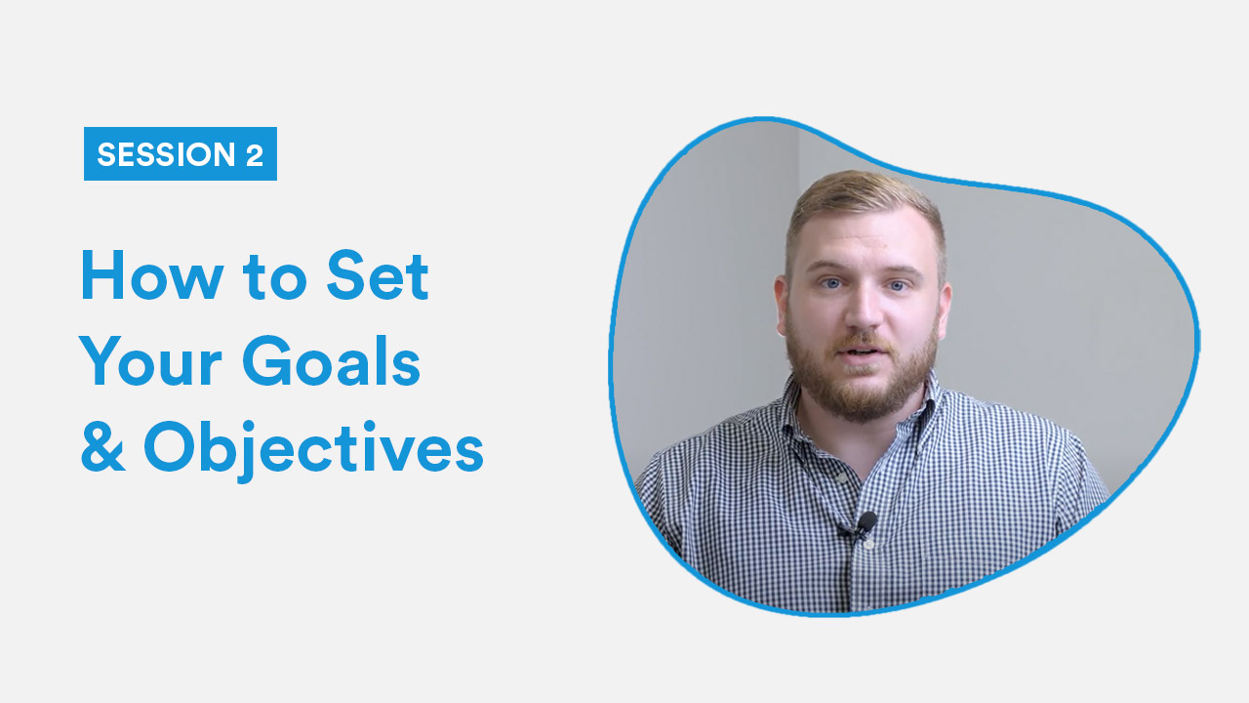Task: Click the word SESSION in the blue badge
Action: point(166,154)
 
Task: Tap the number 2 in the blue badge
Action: point(255,154)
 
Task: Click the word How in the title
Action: point(152,276)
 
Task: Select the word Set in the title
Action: point(378,275)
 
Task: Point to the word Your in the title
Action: point(150,361)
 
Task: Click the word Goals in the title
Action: point(331,361)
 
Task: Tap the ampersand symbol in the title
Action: point(102,446)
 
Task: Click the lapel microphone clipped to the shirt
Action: point(866,522)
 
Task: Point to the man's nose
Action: point(864,313)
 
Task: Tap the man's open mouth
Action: point(861,352)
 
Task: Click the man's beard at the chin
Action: point(862,393)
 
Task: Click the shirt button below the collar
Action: point(841,477)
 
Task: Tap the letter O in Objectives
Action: point(169,447)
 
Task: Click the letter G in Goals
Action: point(267,361)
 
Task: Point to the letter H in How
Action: point(102,276)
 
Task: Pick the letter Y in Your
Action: point(101,361)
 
